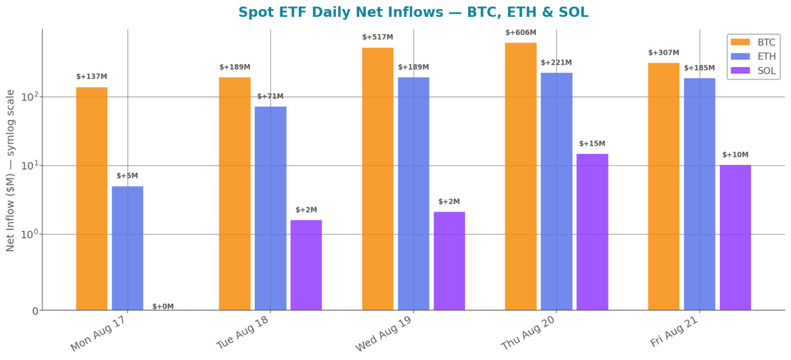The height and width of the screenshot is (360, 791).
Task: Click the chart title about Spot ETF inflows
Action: pos(413,12)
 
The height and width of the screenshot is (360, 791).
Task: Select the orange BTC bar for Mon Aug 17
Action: pos(92,199)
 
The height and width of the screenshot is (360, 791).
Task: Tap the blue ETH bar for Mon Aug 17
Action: pos(127,248)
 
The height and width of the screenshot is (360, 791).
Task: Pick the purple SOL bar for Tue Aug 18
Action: pos(306,265)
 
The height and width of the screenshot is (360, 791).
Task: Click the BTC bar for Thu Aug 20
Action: pos(521,176)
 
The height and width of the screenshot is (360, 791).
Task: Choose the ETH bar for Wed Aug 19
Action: pos(414,194)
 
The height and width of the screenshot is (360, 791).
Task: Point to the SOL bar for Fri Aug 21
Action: pos(735,237)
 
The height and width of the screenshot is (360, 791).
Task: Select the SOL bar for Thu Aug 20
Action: pos(592,232)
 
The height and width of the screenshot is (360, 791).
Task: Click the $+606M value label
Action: pos(521,32)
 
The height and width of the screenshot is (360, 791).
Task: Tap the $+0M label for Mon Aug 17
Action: pos(163,307)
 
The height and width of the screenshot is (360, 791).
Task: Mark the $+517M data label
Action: pos(378,37)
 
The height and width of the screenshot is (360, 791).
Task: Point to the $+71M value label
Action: pos(270,97)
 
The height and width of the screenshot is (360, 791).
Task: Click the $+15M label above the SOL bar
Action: pos(592,144)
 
